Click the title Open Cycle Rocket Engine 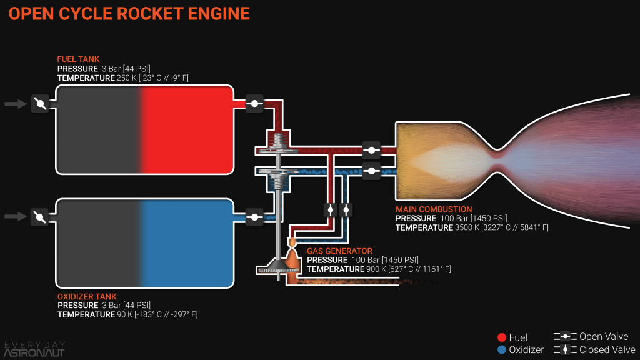(x=129, y=14)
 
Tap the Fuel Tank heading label (x=78, y=59)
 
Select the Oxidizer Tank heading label (x=87, y=296)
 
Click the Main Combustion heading (x=434, y=209)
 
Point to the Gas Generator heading (x=339, y=251)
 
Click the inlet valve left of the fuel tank (x=40, y=104)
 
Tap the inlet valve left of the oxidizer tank (x=40, y=217)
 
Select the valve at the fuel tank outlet (x=254, y=104)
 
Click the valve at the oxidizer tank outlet (x=254, y=217)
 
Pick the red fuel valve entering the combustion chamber (x=371, y=150)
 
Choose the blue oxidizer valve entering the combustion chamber (x=371, y=169)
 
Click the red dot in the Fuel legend (x=501, y=338)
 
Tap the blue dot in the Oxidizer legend (x=501, y=350)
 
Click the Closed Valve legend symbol (x=565, y=350)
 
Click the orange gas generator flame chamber (x=292, y=257)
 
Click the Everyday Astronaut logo (x=34, y=349)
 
